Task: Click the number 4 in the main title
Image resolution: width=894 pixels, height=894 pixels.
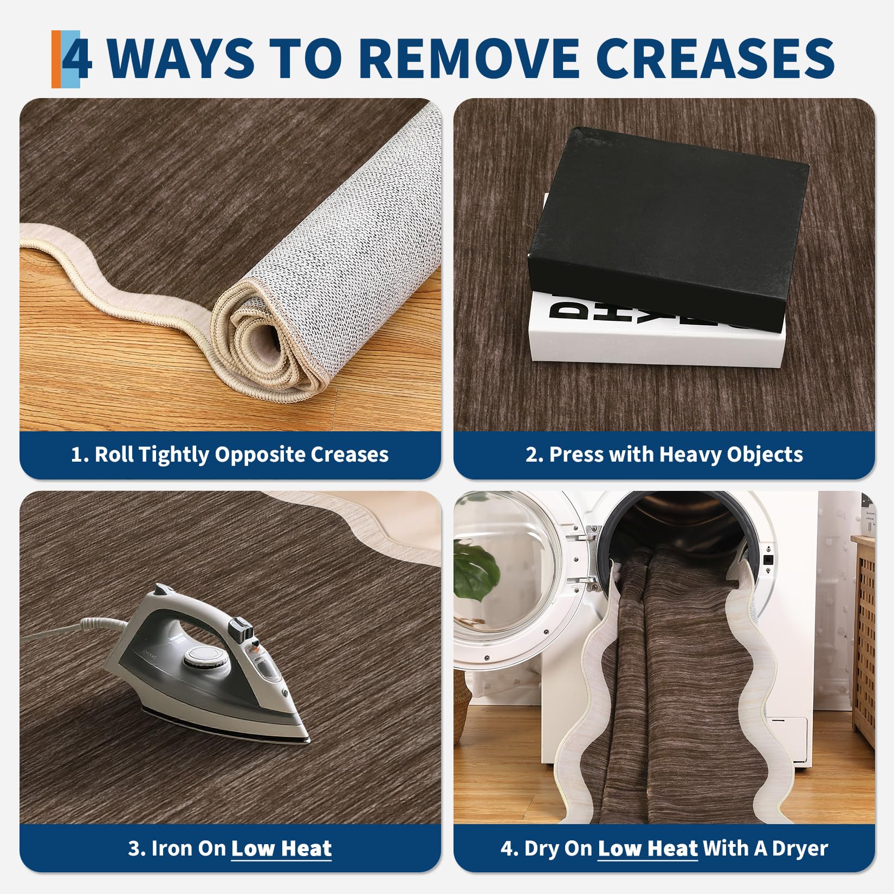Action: [x=77, y=58]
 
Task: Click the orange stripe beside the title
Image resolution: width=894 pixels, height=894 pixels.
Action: [x=56, y=59]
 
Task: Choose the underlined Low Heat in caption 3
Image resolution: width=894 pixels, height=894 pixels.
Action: [x=281, y=848]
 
